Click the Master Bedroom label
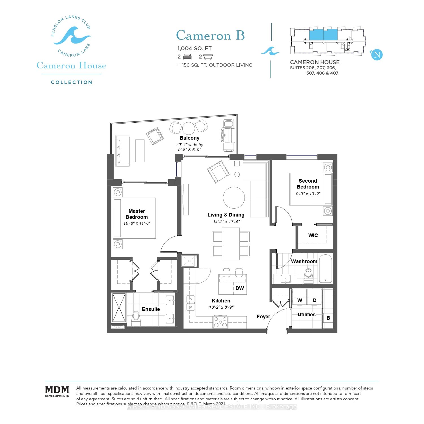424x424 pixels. point(137,214)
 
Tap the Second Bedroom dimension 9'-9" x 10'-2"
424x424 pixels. point(308,194)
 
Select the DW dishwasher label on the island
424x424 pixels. point(239,288)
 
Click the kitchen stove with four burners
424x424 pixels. point(220,322)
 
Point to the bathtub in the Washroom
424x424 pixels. point(326,269)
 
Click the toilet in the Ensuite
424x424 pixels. point(136,318)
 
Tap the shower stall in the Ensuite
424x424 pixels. point(119,308)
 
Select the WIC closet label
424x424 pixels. point(313,235)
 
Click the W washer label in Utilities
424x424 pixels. point(300,300)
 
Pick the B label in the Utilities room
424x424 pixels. point(328,318)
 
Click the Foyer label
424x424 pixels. point(263,317)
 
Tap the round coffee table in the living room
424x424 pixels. point(234,198)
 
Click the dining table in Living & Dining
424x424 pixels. point(231,244)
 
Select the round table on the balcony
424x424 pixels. point(189,128)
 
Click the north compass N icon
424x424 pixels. point(377,55)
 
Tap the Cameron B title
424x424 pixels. point(210,36)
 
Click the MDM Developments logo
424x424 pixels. point(57,391)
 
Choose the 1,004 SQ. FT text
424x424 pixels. point(194,48)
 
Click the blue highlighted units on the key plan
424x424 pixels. point(323,35)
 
